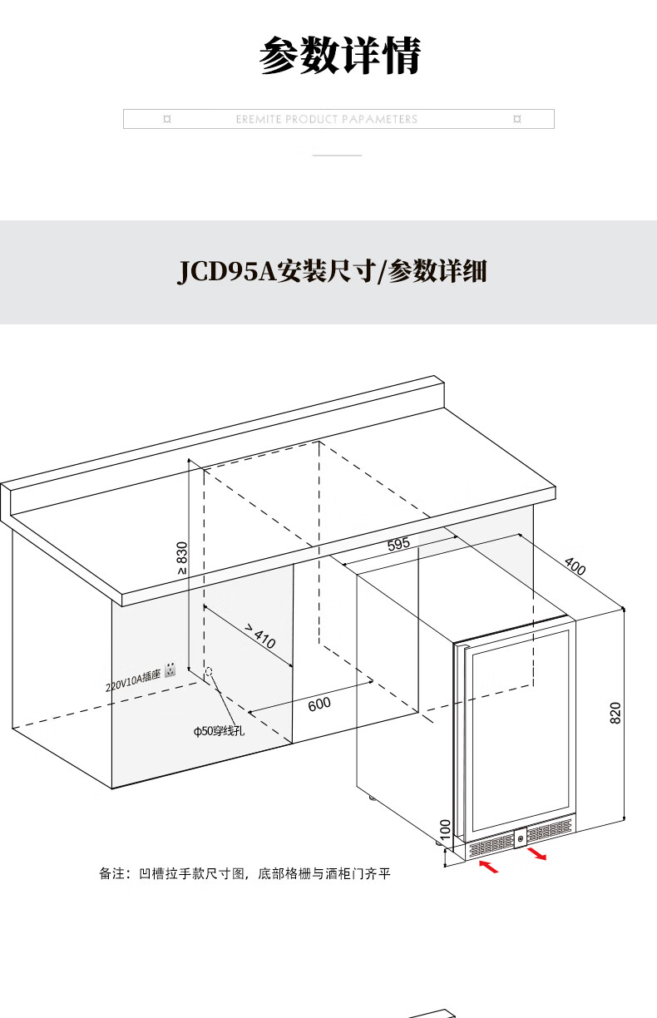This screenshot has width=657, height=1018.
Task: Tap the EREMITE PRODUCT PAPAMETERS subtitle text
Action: pos(326,120)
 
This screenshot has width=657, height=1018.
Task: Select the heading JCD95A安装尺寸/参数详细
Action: pos(332,272)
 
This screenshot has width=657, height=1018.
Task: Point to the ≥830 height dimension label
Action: pos(182,558)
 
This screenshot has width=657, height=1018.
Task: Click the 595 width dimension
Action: pos(398,545)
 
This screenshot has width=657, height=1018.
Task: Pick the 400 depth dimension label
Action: pos(575,566)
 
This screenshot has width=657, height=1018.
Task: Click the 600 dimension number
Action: pos(319,704)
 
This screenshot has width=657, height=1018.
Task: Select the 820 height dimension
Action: pos(615,713)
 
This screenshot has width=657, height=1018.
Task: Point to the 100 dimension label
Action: pos(445,829)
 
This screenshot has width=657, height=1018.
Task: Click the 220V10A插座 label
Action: pos(132,681)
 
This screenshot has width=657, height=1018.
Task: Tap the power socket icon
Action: pos(171,669)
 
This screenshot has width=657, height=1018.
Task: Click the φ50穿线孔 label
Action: pos(219,732)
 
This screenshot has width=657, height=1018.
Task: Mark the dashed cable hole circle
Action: pos(208,670)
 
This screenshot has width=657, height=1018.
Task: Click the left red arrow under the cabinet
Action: pos(490,867)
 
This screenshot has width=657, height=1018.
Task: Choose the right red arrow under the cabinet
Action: pos(537,854)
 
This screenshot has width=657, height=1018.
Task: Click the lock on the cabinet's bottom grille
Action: pos(521,838)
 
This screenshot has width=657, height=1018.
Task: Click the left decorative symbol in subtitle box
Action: pos(167,120)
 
